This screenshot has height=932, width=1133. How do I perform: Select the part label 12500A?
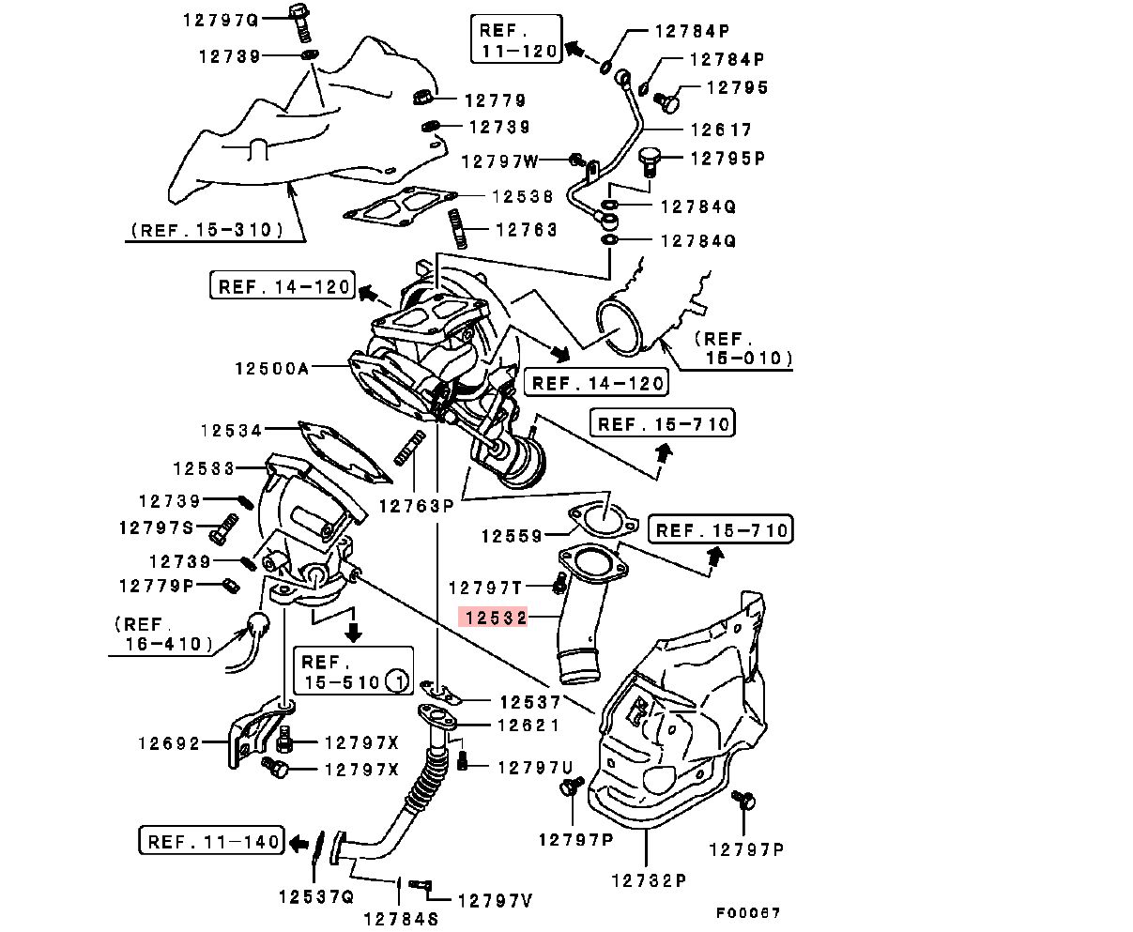point(272,369)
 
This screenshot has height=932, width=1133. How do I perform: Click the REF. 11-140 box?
point(212,840)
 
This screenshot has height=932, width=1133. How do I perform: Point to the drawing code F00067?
point(748,912)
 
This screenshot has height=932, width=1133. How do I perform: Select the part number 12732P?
point(649,880)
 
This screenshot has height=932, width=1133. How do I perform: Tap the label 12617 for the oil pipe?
point(722,130)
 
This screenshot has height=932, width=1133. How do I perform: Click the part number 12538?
point(524,196)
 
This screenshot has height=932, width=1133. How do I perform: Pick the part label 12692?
point(170,743)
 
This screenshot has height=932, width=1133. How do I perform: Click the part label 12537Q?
point(315,895)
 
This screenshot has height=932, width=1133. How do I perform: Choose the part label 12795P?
point(727,158)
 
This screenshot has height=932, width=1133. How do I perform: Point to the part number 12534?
point(231,431)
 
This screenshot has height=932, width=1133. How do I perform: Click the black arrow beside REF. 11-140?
point(299,842)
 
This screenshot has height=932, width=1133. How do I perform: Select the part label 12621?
point(528,725)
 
